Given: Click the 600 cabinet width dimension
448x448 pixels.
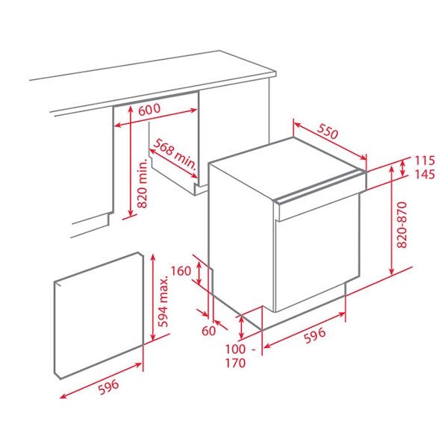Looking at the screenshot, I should click(150, 109).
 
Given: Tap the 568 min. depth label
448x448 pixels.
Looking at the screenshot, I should click(172, 152).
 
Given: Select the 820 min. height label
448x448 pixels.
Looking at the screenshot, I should click(141, 184).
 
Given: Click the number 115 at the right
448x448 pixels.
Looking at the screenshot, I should click(425, 161).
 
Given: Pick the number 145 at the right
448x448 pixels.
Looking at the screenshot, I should click(425, 175).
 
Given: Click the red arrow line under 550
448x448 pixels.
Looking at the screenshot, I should click(329, 141).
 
